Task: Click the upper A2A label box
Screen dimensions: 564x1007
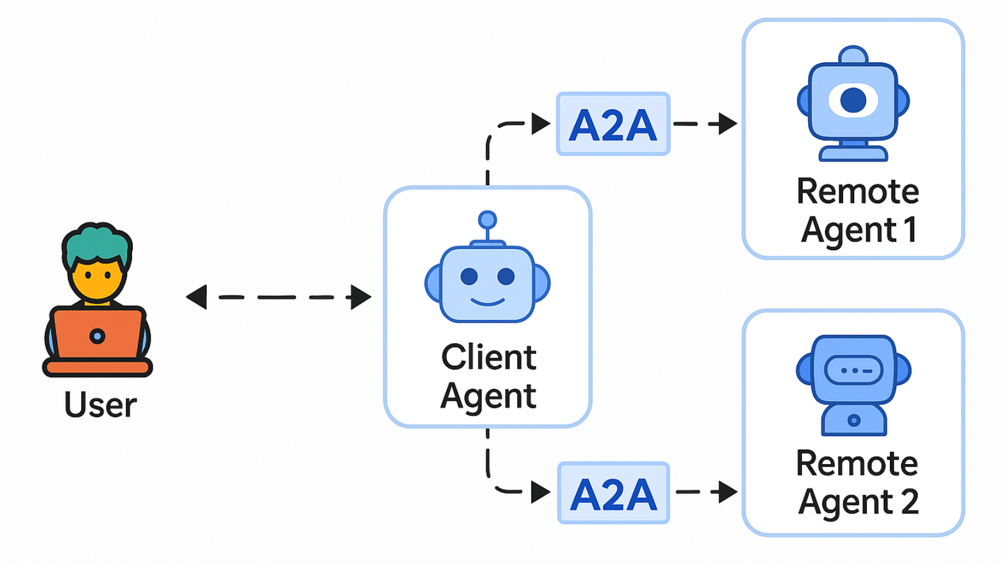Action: [613, 124]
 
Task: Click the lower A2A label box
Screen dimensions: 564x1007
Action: [613, 493]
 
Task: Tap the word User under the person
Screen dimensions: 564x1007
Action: [100, 405]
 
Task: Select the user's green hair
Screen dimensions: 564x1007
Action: [97, 243]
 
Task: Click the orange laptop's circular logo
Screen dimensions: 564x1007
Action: [97, 336]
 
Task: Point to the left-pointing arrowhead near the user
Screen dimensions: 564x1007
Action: [197, 297]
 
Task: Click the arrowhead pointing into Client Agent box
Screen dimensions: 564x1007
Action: [360, 297]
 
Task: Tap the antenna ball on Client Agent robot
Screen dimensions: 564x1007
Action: [487, 220]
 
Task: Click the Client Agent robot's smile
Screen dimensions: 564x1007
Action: [487, 303]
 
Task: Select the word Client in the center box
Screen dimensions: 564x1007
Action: [489, 357]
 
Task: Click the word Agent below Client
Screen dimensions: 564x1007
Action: [489, 396]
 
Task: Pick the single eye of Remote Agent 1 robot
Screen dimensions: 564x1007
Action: [853, 100]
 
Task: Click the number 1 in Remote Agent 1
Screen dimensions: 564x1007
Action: [910, 230]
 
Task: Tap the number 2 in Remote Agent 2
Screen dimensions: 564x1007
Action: [909, 502]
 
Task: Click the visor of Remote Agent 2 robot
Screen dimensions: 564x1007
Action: [853, 371]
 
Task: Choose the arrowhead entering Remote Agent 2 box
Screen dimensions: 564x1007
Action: [727, 492]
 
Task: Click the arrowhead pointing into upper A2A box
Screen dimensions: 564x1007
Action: [540, 124]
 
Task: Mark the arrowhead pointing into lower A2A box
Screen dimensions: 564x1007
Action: [540, 492]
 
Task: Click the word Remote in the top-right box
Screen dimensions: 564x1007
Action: [857, 191]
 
